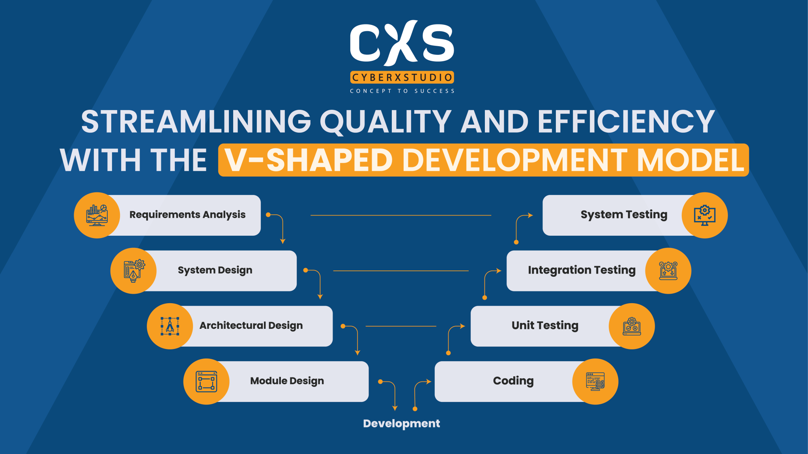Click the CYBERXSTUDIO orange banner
[x=402, y=77]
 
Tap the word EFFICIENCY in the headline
[x=626, y=122]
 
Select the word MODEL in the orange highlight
[x=690, y=160]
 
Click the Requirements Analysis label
[x=187, y=215]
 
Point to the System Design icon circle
[x=133, y=271]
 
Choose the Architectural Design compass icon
[x=170, y=326]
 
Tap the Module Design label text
[x=287, y=381]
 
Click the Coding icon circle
[x=595, y=381]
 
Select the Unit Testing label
[x=545, y=326]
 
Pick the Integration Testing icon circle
[x=668, y=271]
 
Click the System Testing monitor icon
[x=705, y=216]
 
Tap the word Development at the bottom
[x=401, y=424]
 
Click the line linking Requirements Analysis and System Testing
[x=401, y=216]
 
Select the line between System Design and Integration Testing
[x=401, y=271]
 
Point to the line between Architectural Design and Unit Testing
[x=401, y=326]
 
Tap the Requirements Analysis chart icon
[x=97, y=216]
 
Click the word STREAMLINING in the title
[x=196, y=122]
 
